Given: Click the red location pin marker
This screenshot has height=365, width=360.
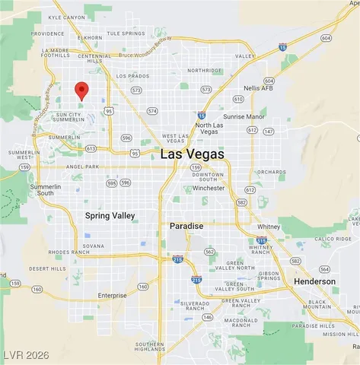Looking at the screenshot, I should click(81, 91).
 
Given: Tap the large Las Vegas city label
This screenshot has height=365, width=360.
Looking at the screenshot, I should click(193, 154).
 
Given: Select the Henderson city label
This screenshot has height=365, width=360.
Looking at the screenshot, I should click(314, 281).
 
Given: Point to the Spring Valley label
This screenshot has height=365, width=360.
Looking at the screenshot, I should click(110, 216).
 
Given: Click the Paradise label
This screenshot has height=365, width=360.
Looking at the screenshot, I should click(186, 227).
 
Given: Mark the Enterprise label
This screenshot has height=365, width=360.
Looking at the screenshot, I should click(112, 295).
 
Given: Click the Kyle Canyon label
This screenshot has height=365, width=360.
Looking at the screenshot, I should click(66, 17).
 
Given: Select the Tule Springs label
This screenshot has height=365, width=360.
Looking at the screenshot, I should click(125, 33).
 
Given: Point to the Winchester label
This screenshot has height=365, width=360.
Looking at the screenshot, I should click(208, 188).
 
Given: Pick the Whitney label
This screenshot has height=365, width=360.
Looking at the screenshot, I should click(269, 226).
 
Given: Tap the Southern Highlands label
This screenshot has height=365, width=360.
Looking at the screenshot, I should click(149, 348).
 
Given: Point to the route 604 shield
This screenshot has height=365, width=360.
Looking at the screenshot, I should click(326, 37).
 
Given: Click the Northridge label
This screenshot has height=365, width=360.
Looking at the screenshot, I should click(205, 71).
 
